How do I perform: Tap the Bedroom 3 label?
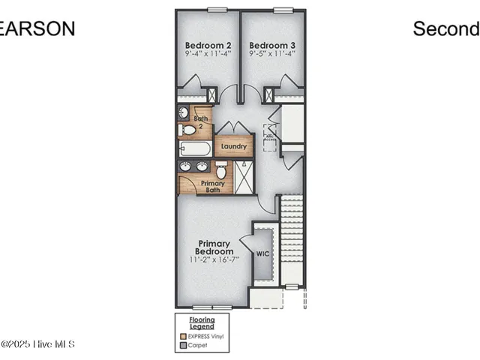pyautogui.click(x=272, y=44)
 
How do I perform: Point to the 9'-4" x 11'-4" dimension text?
pyautogui.click(x=208, y=53)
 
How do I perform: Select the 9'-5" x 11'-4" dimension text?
pyautogui.click(x=272, y=53)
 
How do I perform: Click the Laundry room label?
pyautogui.click(x=234, y=146)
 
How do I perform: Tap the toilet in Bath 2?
pyautogui.click(x=188, y=130)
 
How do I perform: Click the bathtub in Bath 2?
pyautogui.click(x=195, y=148)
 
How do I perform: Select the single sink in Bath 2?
pyautogui.click(x=184, y=112)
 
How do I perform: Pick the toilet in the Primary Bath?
pyautogui.click(x=220, y=172)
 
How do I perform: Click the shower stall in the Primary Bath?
pyautogui.click(x=244, y=177)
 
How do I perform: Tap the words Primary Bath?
pyautogui.click(x=212, y=187)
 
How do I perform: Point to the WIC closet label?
pyautogui.click(x=262, y=254)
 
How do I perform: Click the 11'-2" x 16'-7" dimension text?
pyautogui.click(x=213, y=259)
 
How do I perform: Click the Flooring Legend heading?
pyautogui.click(x=201, y=323)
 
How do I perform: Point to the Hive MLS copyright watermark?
pyautogui.click(x=37, y=344)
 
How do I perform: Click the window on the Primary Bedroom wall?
pyautogui.click(x=213, y=307)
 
